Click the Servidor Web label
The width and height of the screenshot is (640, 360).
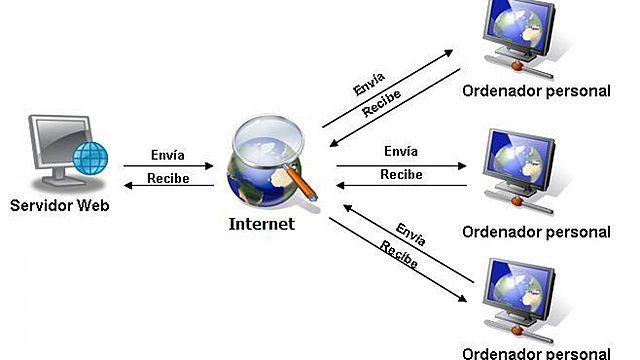pyautogui.click(x=58, y=206)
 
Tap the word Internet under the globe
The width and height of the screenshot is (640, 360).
pyautogui.click(x=262, y=224)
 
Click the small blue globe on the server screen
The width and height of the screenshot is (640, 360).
pyautogui.click(x=93, y=158)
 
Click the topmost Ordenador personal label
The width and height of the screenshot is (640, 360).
pyautogui.click(x=536, y=90)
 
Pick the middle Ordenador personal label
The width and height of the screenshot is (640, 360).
pyautogui.click(x=536, y=232)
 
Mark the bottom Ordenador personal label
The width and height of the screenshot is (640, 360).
pyautogui.click(x=536, y=352)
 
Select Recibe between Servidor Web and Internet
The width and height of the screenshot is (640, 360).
pyautogui.click(x=167, y=178)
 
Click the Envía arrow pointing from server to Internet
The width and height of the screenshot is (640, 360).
pyautogui.click(x=168, y=166)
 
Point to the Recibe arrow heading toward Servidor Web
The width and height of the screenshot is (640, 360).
pyautogui.click(x=168, y=187)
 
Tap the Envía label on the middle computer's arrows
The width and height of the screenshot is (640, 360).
pyautogui.click(x=400, y=152)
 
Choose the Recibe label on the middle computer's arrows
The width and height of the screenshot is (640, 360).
pyautogui.click(x=401, y=174)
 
